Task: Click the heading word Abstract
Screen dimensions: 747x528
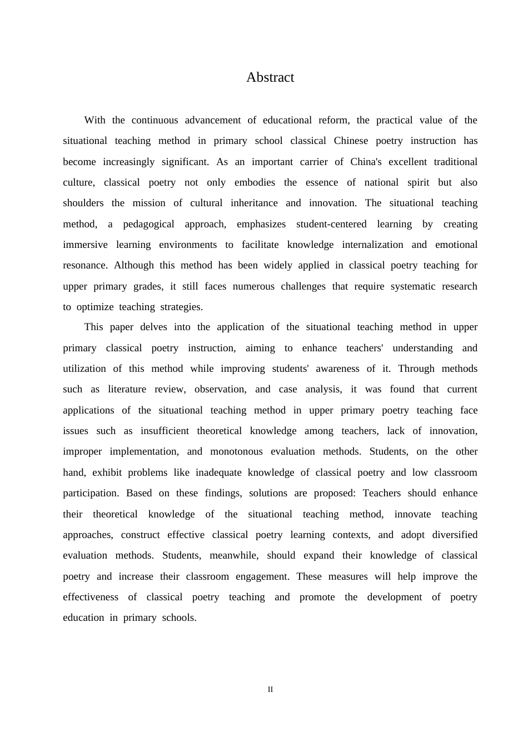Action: point(270,77)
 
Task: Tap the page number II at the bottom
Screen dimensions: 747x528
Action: point(270,690)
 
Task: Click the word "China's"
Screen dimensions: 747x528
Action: point(366,162)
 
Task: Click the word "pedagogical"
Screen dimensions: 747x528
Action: point(148,224)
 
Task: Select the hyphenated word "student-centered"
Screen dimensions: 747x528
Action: point(331,224)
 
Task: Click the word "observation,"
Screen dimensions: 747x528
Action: point(220,389)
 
